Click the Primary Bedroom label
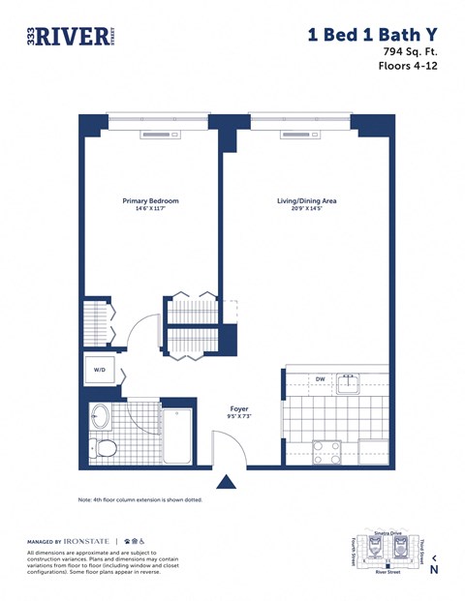pyautogui.click(x=150, y=201)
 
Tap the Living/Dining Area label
pyautogui.click(x=306, y=201)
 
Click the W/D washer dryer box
pyautogui.click(x=100, y=370)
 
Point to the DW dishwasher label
pyautogui.click(x=319, y=379)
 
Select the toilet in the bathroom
pyautogui.click(x=105, y=448)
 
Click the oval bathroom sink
pyautogui.click(x=100, y=418)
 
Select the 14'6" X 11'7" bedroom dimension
pyautogui.click(x=150, y=210)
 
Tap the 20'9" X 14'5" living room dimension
pyautogui.click(x=306, y=210)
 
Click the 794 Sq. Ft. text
pyautogui.click(x=411, y=50)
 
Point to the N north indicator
pyautogui.click(x=433, y=569)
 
